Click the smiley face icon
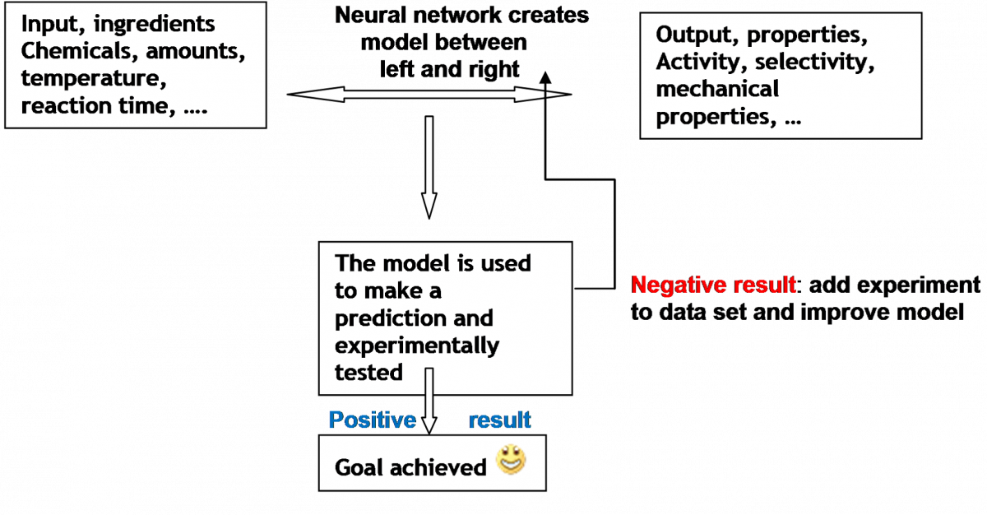[x=511, y=459]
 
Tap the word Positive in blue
[x=373, y=420]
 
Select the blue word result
[x=500, y=420]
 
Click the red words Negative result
[x=713, y=285]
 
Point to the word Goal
[x=359, y=467]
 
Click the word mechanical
[x=717, y=89]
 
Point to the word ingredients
[x=155, y=24]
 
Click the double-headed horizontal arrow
[x=429, y=95]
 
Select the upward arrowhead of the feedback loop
[x=545, y=77]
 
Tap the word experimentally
[x=417, y=346]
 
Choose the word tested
[x=368, y=372]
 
